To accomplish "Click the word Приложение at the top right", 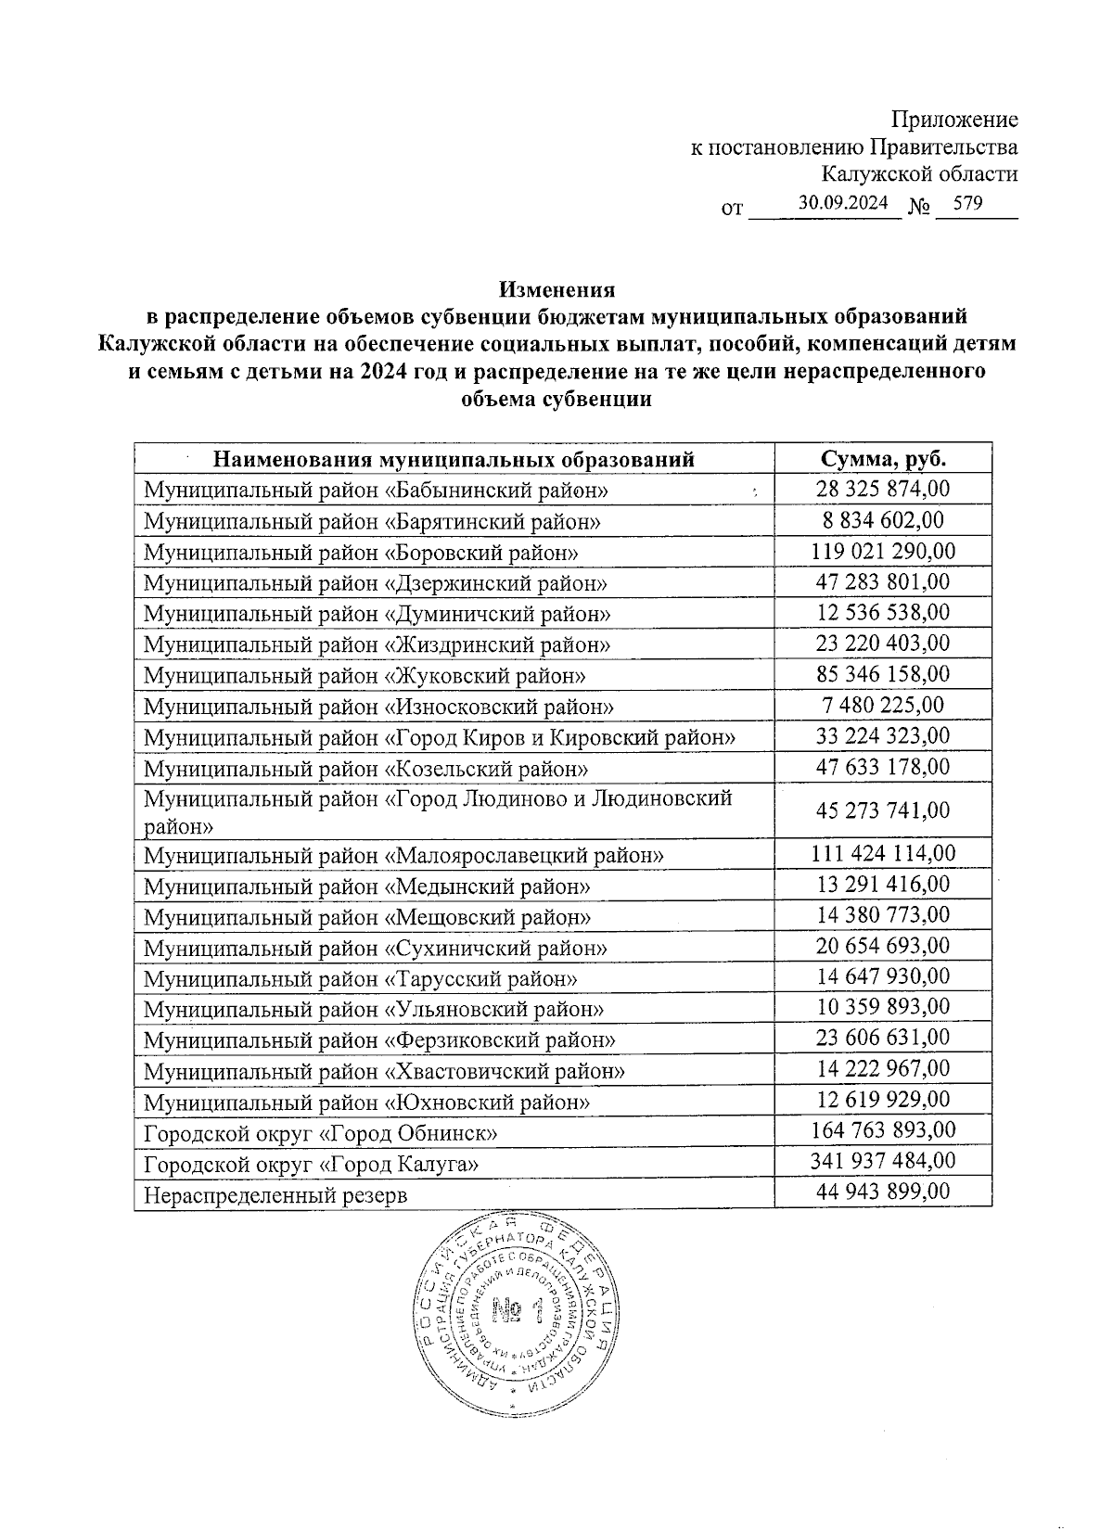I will coord(954,120).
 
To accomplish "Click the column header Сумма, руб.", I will coord(883,458).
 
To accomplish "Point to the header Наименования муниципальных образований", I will coord(454,459).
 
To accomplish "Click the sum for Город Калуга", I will coord(883,1161).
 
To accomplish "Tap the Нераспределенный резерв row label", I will coord(275,1194).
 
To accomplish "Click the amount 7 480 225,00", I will coord(883,705).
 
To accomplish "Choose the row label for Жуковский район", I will coord(365,676).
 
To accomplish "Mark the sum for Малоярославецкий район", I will coord(883,853).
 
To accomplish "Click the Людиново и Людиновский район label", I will coord(438,810).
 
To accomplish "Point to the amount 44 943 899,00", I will coord(883,1192).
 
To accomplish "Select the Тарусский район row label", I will coord(361,979).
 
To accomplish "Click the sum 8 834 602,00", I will coord(883,520).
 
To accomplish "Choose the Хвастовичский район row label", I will coord(384,1071).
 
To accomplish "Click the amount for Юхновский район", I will coord(883,1100).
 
